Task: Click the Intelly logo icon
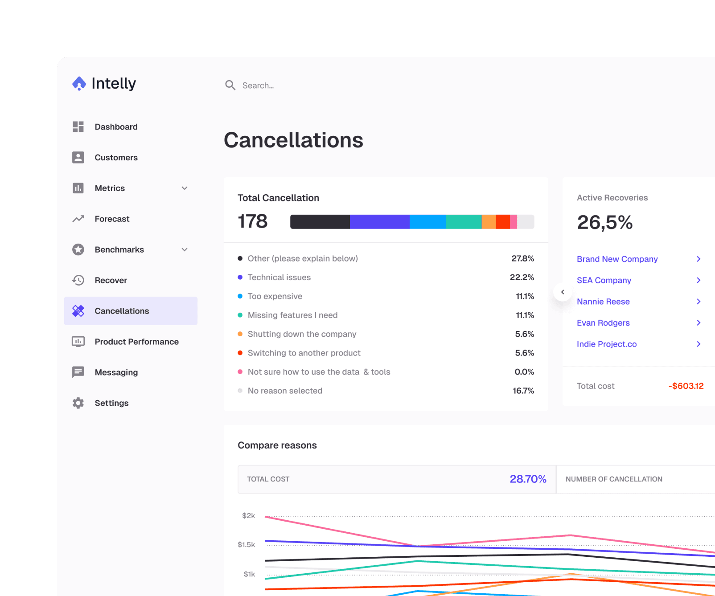(x=79, y=83)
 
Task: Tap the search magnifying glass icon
(x=230, y=85)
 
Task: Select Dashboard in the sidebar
(x=116, y=127)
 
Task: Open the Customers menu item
(x=116, y=158)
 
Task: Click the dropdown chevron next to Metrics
(x=185, y=188)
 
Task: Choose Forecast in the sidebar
(x=112, y=219)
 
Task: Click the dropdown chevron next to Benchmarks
(x=185, y=250)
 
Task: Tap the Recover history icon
(x=78, y=280)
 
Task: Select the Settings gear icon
(x=78, y=403)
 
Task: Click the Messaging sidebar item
(x=116, y=372)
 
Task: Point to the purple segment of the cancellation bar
(x=379, y=222)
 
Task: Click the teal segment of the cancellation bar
(x=463, y=222)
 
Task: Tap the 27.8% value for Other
(x=522, y=259)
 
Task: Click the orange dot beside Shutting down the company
(x=240, y=334)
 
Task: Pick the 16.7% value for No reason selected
(x=523, y=391)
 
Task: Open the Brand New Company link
(x=617, y=259)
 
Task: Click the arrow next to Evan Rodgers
(x=699, y=323)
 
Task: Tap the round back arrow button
(x=563, y=292)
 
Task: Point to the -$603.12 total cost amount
(x=686, y=386)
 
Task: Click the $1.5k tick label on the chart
(x=247, y=545)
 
